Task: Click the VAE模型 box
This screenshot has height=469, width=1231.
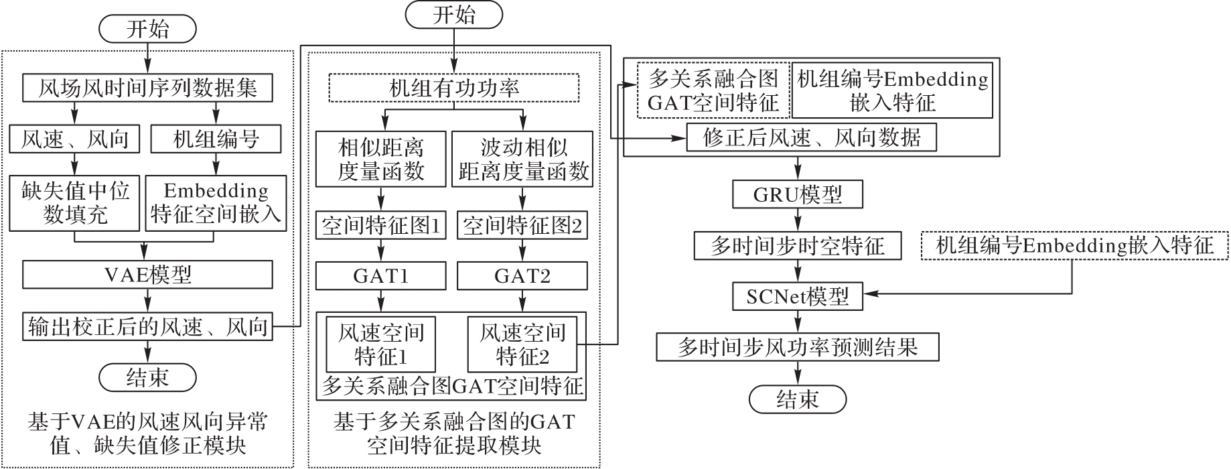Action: [147, 275]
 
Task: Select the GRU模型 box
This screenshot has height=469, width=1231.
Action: [797, 195]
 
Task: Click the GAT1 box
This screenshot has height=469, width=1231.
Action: [380, 276]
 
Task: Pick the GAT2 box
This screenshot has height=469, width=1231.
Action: [522, 276]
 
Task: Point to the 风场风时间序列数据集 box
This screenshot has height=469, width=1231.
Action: [147, 88]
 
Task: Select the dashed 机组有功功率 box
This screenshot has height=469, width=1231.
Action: [454, 88]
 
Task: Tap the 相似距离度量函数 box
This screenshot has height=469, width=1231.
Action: [380, 159]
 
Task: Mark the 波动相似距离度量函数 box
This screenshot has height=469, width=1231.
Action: [522, 159]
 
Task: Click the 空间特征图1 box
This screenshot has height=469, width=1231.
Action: [380, 226]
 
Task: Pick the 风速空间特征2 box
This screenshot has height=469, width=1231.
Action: [522, 345]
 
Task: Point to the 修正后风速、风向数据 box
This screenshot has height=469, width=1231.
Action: [811, 138]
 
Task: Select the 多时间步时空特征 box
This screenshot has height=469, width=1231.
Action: [797, 246]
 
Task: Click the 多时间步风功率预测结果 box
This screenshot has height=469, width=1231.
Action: [797, 347]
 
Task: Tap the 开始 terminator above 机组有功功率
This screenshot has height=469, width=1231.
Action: [454, 15]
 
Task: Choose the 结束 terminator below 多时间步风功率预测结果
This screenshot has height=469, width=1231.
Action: [797, 400]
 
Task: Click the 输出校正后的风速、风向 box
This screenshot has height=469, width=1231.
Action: [147, 326]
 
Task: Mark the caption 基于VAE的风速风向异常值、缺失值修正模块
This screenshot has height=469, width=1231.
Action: [147, 433]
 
